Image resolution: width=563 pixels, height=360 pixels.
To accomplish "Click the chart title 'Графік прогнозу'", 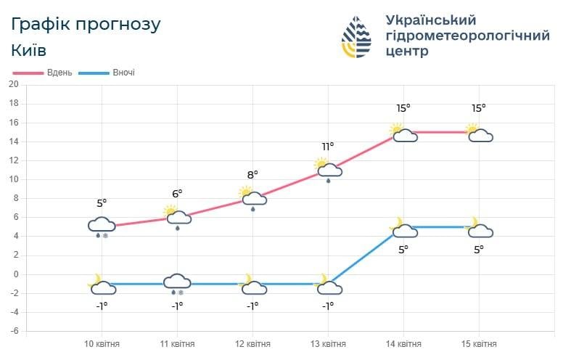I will coord(86,24).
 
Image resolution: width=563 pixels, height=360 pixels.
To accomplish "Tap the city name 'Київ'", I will coord(29,50).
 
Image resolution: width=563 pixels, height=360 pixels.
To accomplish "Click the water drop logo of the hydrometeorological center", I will coord(356,36).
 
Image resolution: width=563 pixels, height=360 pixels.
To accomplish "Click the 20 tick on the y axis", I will coord(13,84).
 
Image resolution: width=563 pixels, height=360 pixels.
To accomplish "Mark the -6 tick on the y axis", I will coord(13,331).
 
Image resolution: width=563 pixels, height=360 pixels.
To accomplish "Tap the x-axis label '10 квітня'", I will coord(102,344).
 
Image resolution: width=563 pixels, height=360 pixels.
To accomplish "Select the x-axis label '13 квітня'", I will coord(328,344).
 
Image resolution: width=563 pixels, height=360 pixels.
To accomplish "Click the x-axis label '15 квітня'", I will coord(479,344).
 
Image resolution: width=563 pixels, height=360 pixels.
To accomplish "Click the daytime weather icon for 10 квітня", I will coord(102,226).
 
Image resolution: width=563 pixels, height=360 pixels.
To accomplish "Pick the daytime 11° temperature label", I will coord(328,147).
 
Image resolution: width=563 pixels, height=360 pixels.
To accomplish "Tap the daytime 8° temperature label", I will coord(252,174).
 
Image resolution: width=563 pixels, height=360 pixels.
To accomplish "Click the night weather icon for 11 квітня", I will coord(177,283).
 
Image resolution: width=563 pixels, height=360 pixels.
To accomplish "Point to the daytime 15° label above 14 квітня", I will coord(403,108).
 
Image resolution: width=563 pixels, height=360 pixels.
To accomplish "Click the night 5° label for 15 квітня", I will coord(479,249).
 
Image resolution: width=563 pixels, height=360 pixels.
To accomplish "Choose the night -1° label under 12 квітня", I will coord(252,306).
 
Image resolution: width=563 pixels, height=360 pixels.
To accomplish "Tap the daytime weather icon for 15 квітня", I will coord(480,134).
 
